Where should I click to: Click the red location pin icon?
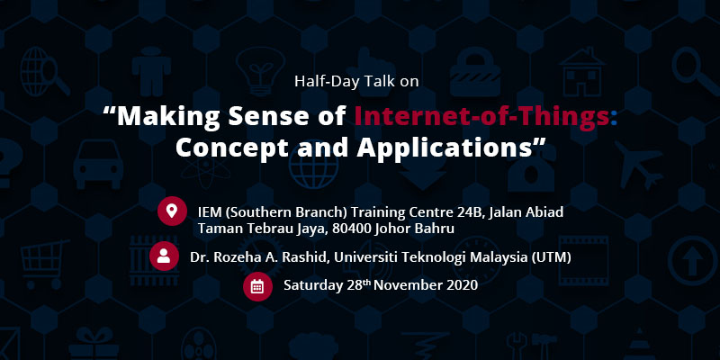tap(172, 211)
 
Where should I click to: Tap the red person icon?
tap(164, 256)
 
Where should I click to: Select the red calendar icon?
tap(257, 286)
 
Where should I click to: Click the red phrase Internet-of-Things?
tap(481, 117)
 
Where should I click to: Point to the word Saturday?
tap(313, 285)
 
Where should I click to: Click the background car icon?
tap(98, 164)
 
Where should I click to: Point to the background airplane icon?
tap(638, 164)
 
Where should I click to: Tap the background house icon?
tap(582, 71)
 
